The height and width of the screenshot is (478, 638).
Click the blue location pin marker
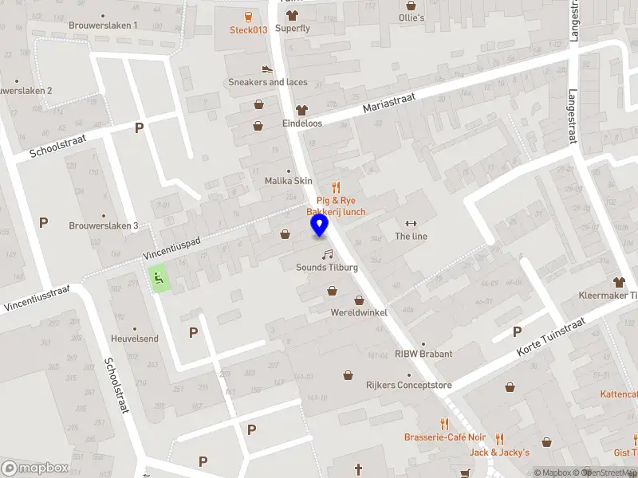[x=319, y=225]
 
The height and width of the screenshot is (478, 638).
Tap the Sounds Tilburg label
[x=327, y=267]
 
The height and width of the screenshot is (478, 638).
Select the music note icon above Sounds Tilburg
[x=327, y=254]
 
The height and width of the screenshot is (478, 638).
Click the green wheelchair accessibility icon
[x=159, y=278]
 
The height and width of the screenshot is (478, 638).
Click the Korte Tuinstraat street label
[x=552, y=336]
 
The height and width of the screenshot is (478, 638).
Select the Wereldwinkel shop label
[x=359, y=312]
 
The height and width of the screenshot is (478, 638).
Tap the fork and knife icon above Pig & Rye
[x=336, y=188]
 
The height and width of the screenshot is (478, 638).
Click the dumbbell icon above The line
[x=412, y=223]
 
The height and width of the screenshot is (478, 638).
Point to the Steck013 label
[x=248, y=30]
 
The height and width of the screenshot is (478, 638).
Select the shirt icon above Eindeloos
[x=301, y=110]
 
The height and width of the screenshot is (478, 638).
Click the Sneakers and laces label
[x=267, y=82]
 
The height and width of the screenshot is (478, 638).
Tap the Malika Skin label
[x=289, y=181]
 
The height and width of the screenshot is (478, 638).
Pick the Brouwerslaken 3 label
[x=104, y=225]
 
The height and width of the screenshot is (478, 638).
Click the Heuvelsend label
[x=135, y=339]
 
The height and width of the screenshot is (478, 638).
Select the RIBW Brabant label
[x=423, y=354]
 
